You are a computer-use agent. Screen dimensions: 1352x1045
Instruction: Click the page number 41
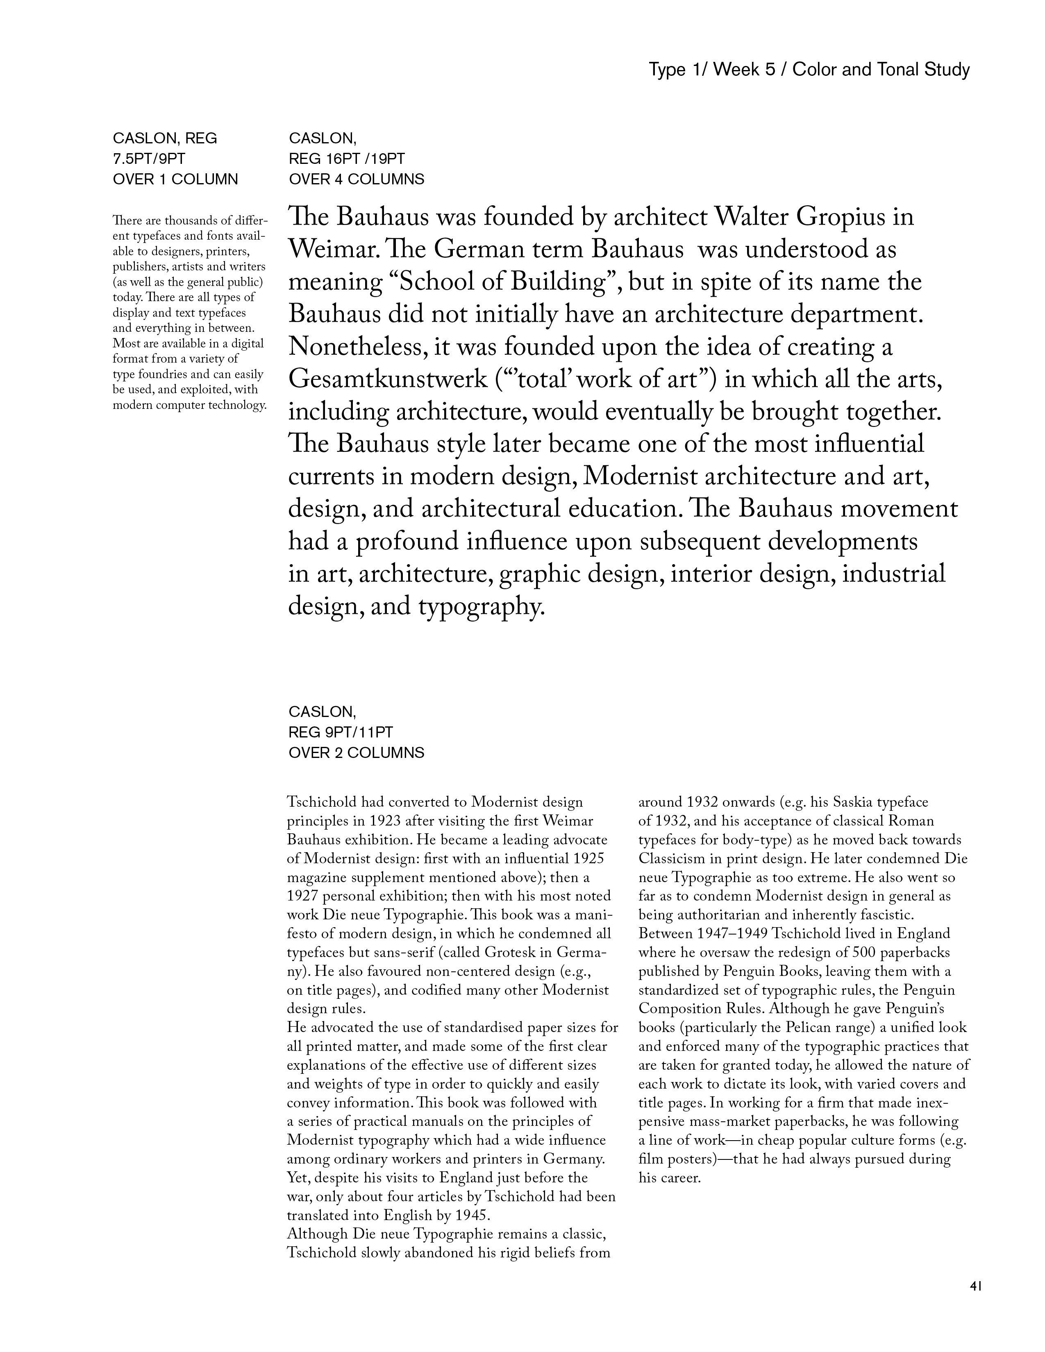[976, 1286]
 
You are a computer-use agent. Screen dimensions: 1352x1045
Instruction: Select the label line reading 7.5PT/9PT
[149, 159]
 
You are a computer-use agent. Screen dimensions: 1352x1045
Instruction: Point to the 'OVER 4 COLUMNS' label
[357, 179]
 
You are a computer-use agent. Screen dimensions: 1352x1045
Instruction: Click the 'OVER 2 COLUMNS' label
[357, 753]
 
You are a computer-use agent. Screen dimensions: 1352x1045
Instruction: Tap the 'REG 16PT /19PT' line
[347, 159]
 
